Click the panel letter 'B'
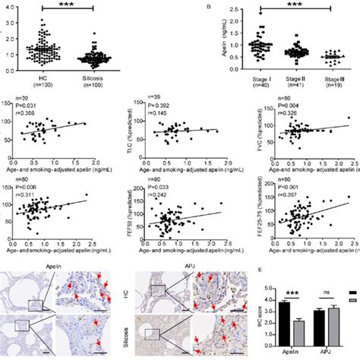(207, 6)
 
